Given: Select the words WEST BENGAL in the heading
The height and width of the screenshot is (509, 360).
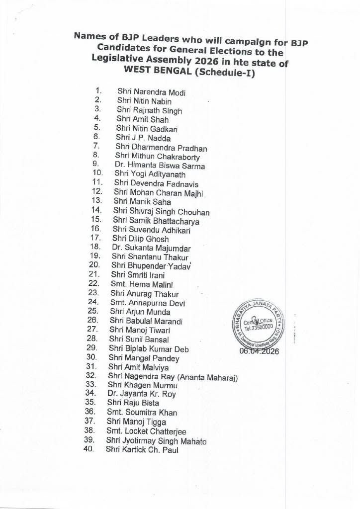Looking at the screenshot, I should (155, 70).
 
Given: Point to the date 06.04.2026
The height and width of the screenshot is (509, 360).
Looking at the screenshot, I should (259, 351).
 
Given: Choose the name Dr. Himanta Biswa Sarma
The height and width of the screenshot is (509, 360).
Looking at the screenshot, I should (160, 166).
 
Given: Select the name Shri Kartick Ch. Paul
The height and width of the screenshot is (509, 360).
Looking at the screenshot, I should (142, 450).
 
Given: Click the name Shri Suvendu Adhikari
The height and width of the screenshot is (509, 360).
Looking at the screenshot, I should (145, 230).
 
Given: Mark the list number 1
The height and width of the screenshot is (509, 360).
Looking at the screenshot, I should (98, 91).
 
